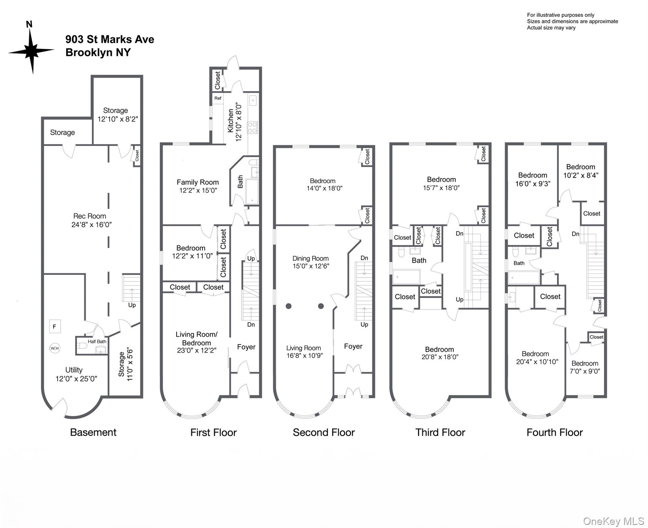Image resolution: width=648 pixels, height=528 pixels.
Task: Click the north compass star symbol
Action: [x=32, y=51]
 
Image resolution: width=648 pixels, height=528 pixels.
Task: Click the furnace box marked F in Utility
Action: [x=54, y=327]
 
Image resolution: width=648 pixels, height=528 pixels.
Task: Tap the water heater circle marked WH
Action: [x=55, y=348]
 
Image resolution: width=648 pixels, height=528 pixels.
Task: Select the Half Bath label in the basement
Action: [x=97, y=341]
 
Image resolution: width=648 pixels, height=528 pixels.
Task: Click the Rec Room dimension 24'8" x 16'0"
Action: [x=91, y=225]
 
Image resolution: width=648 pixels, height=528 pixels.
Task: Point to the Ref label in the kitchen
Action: [x=218, y=98]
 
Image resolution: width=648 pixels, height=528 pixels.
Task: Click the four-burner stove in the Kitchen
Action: [x=252, y=128]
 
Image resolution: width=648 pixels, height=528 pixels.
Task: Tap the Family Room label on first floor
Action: [x=198, y=182]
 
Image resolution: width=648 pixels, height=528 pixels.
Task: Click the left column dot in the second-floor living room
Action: [x=289, y=306]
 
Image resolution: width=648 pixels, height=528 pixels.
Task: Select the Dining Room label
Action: [x=310, y=258]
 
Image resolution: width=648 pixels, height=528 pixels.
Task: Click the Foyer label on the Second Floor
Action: [x=353, y=346]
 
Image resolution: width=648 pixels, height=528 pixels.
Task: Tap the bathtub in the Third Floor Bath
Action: [x=406, y=277]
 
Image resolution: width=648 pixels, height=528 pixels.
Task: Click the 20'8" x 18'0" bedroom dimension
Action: [x=440, y=357]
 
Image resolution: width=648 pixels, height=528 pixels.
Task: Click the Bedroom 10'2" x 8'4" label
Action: [x=581, y=171]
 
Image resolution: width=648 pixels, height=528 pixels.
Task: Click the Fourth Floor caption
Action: [x=554, y=432]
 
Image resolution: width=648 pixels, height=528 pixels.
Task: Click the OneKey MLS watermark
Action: [x=614, y=521]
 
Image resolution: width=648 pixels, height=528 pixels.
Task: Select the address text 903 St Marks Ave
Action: [x=110, y=40]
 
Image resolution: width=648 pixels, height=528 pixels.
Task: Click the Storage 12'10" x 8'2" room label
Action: [x=117, y=115]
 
